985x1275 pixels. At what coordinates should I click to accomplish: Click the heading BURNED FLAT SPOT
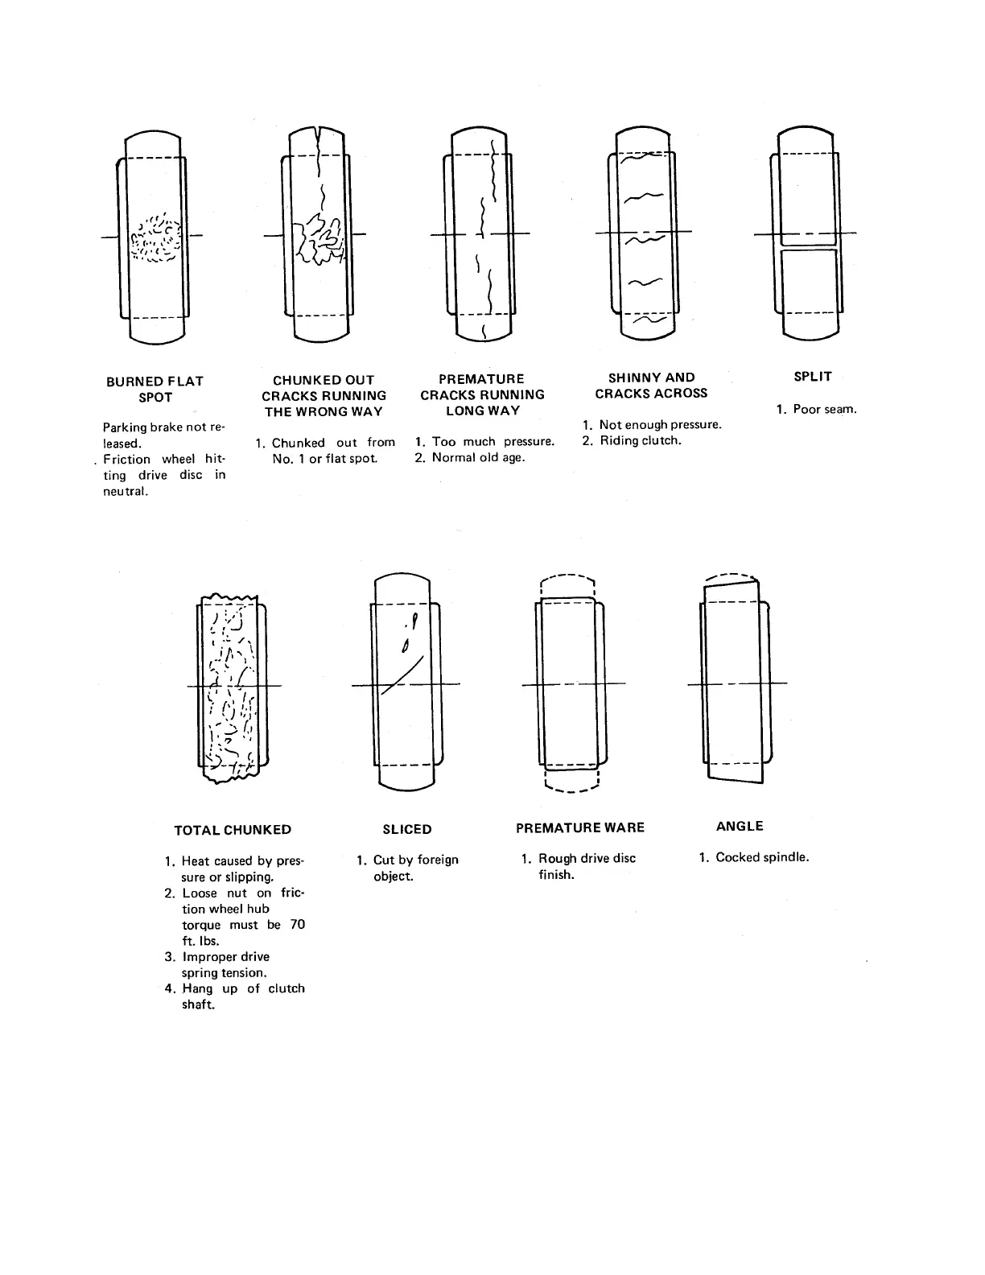tap(155, 389)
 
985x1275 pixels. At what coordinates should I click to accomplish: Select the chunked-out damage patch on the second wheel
tap(320, 239)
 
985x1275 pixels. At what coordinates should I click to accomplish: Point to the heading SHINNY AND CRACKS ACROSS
tap(651, 385)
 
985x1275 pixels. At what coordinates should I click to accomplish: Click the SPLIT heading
tap(813, 376)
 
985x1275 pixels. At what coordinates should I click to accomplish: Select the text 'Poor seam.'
tap(825, 409)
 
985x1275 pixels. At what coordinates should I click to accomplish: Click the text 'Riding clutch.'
tap(640, 440)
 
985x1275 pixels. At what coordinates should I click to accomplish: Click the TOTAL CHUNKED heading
tap(233, 829)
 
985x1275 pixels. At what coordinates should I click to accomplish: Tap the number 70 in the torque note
tap(297, 925)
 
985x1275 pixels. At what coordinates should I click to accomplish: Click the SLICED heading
tap(407, 829)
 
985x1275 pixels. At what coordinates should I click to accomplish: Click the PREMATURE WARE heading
tap(580, 827)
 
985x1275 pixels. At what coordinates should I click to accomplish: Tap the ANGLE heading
tap(740, 826)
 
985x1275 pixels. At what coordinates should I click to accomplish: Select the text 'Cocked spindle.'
tap(762, 857)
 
